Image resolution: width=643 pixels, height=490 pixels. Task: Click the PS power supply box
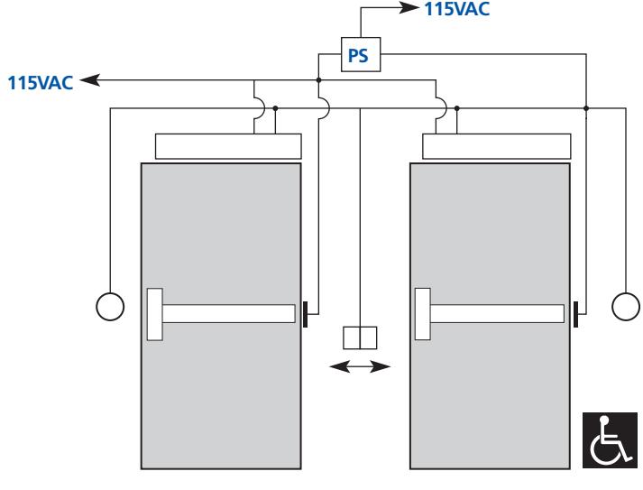click(361, 54)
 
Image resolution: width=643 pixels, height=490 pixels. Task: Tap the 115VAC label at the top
click(457, 9)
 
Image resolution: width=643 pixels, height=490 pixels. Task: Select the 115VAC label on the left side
click(41, 82)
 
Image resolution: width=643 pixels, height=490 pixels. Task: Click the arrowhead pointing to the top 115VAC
click(409, 7)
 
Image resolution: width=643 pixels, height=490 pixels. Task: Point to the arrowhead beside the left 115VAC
click(90, 79)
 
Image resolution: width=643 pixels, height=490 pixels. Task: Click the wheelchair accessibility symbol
click(610, 440)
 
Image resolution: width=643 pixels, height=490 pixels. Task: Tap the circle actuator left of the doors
click(110, 307)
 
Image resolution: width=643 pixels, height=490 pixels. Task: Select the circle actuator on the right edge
click(626, 306)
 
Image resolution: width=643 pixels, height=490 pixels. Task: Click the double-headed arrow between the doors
click(360, 366)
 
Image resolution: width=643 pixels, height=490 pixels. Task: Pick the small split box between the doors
click(360, 337)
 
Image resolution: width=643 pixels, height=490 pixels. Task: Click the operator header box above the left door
click(228, 146)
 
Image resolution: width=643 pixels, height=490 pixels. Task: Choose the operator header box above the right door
click(497, 146)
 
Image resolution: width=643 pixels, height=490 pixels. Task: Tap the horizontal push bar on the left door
click(228, 313)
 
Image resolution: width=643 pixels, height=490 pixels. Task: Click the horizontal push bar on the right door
click(497, 313)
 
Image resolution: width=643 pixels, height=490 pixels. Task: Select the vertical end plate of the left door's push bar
click(154, 314)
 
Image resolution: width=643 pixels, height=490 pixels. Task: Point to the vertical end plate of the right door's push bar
click(422, 314)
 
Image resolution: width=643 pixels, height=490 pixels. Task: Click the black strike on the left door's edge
click(305, 314)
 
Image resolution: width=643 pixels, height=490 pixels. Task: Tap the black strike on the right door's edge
click(575, 314)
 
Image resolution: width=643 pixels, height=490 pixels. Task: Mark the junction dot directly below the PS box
click(318, 80)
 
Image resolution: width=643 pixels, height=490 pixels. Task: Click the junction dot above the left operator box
click(275, 108)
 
